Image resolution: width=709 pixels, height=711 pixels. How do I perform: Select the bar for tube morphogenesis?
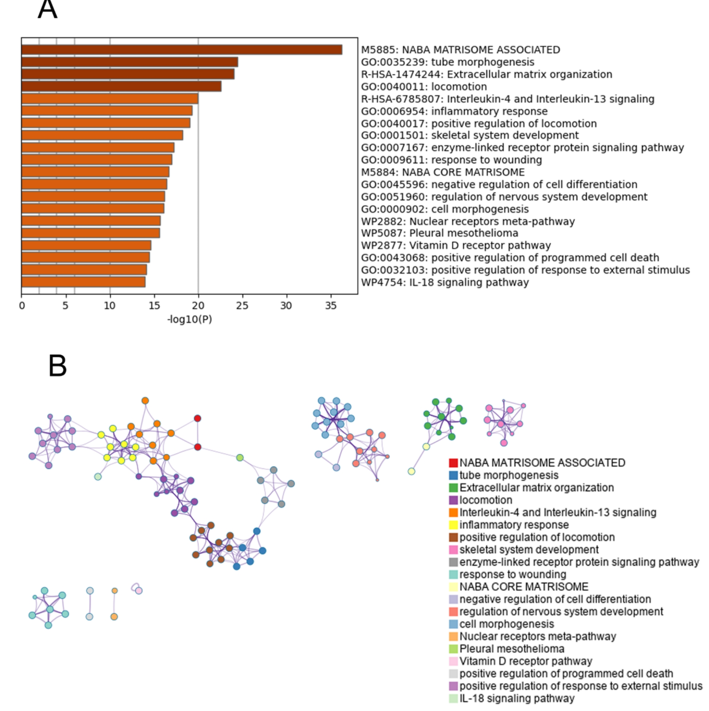click(x=130, y=62)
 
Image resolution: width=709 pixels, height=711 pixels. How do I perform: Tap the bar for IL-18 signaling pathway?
click(x=83, y=282)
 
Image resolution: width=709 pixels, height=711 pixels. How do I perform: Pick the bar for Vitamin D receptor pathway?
click(x=86, y=246)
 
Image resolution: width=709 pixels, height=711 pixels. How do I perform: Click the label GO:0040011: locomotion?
click(x=424, y=87)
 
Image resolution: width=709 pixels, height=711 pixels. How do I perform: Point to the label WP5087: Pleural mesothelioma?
click(x=440, y=233)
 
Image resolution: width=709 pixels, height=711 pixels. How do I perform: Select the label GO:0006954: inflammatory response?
click(x=454, y=111)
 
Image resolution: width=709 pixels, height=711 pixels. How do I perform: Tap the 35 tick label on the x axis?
click(x=330, y=305)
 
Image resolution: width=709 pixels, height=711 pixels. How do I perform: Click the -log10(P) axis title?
click(x=189, y=319)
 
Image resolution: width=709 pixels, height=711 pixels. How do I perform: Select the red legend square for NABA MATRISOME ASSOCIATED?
click(x=453, y=463)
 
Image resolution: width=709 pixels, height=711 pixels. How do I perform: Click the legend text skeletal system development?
click(x=529, y=550)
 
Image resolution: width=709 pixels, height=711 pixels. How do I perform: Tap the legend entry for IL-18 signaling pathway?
click(x=517, y=699)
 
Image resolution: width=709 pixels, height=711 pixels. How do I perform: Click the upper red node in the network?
click(x=197, y=418)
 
